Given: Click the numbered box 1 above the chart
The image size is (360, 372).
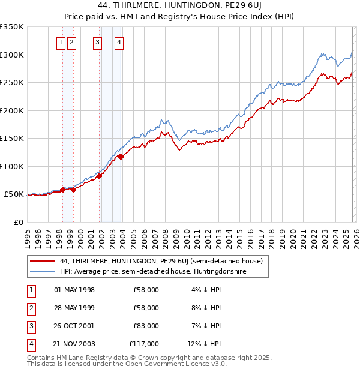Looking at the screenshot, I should point(61,42).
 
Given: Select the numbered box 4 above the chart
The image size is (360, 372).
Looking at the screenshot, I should point(119,42).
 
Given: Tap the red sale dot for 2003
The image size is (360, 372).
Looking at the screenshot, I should point(121,157).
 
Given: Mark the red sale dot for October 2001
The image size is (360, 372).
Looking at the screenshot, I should point(99,176).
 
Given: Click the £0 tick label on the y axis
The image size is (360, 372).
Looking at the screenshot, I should point(19,222).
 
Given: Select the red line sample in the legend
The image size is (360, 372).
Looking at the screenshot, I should point(42,261).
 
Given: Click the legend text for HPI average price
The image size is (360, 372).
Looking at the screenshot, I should point(154,272).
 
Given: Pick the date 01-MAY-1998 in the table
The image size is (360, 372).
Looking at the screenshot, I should point(74,290).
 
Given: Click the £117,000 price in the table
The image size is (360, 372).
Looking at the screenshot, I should point(144,344).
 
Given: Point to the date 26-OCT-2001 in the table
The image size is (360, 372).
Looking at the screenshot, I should point(74,326).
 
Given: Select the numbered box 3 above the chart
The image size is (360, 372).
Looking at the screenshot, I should point(97,42).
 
